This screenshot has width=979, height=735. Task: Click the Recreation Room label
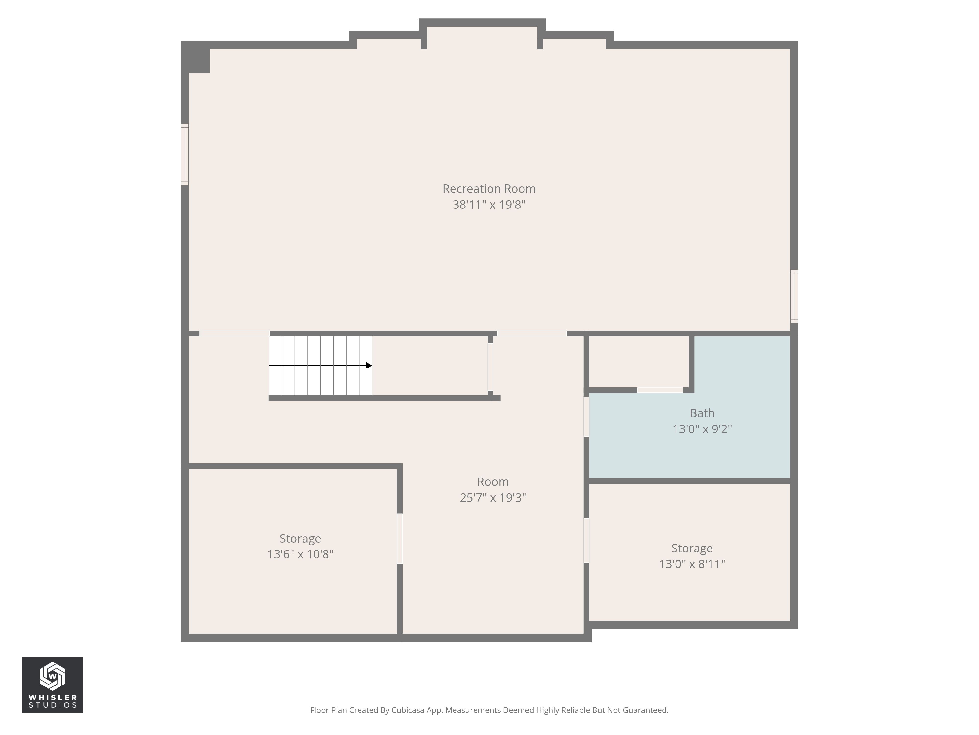click(489, 189)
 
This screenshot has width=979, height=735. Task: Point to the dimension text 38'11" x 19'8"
click(489, 205)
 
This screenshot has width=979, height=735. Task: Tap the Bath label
click(702, 413)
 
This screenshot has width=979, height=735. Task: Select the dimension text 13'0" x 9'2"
click(702, 429)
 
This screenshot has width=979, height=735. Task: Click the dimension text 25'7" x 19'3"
click(493, 498)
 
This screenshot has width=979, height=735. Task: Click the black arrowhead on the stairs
click(369, 366)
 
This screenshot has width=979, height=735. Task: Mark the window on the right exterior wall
click(794, 296)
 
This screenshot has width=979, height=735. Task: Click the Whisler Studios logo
click(52, 685)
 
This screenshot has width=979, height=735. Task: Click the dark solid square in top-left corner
click(198, 60)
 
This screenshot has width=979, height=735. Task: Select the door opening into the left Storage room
click(400, 538)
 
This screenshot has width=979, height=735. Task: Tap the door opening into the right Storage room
click(586, 540)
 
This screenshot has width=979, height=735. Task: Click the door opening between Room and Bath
click(586, 416)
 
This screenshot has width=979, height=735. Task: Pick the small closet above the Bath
click(639, 361)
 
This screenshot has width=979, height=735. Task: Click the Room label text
click(493, 482)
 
